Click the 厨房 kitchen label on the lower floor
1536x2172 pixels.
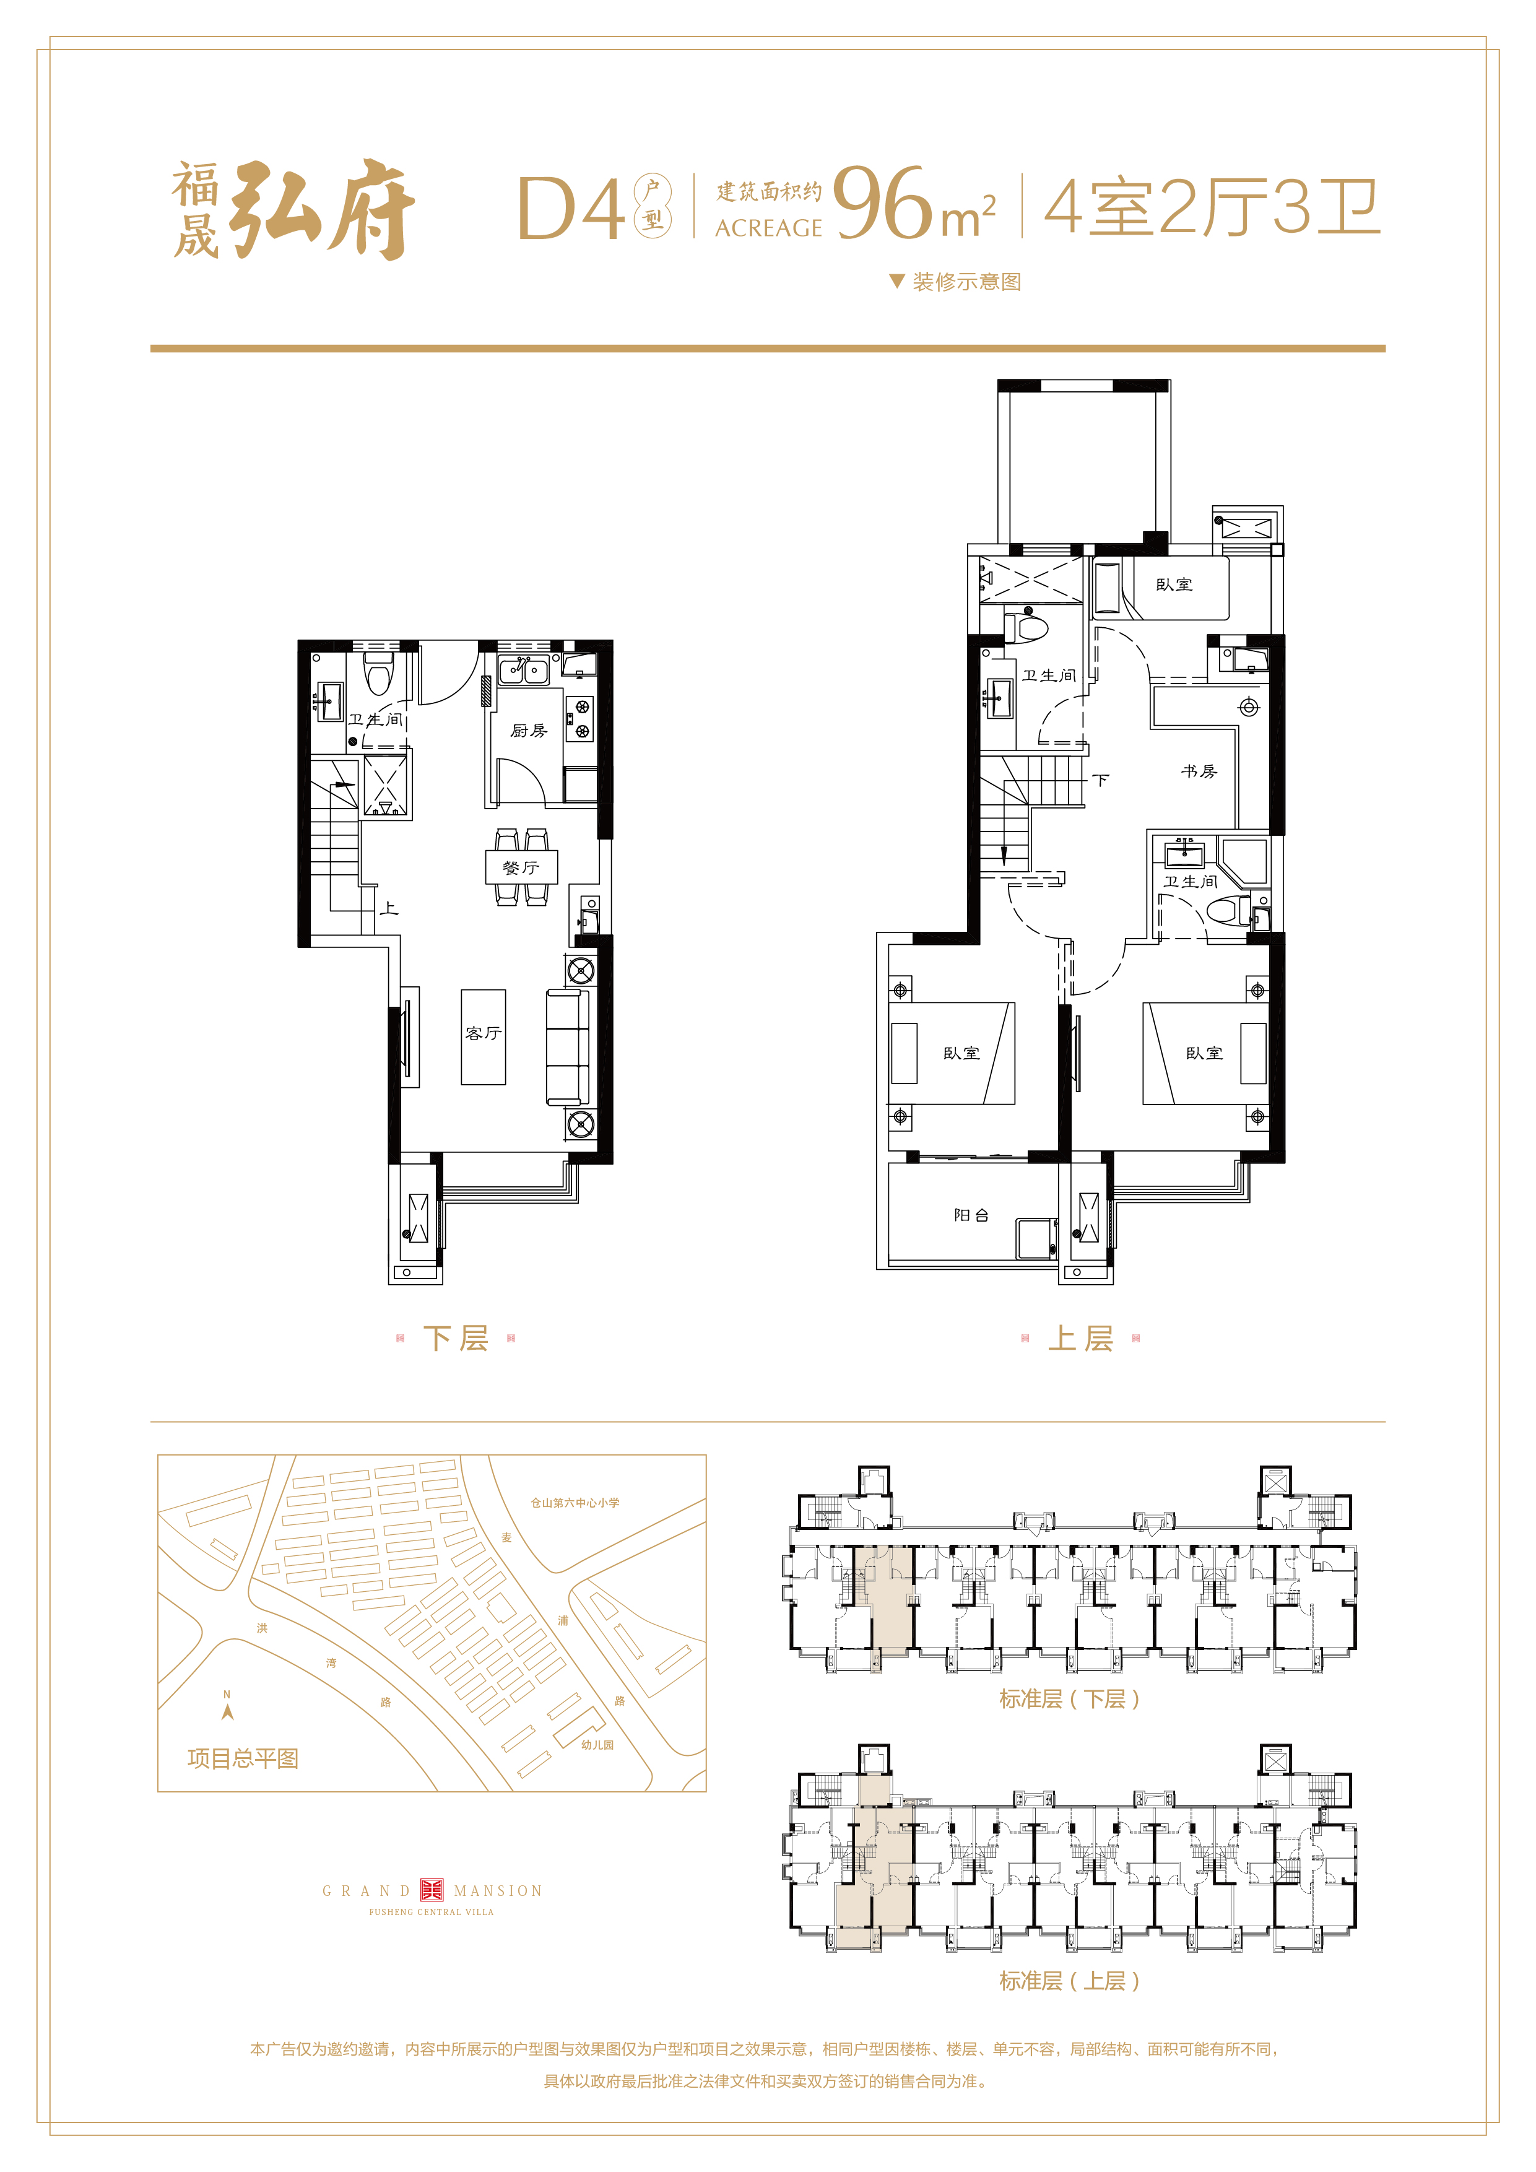(529, 731)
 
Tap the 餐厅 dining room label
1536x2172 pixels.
(521, 867)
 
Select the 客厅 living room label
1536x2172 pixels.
(484, 1033)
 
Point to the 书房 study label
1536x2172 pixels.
(1199, 771)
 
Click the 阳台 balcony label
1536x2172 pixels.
(971, 1215)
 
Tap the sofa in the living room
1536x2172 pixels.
(568, 1047)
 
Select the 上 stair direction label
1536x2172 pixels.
(389, 908)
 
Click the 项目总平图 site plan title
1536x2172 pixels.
(243, 1758)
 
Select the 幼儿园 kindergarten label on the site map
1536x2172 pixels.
(598, 1744)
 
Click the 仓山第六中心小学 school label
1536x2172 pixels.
(575, 1502)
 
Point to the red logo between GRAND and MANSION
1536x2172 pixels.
(432, 1890)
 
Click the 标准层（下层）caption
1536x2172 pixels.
(1070, 1699)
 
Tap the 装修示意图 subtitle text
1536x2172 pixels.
(966, 282)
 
